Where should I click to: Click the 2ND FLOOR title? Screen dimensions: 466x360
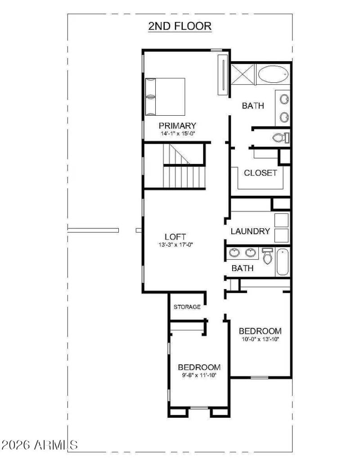(180, 26)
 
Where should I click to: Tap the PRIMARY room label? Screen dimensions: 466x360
(177, 126)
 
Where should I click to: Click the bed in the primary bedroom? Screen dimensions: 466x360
(165, 96)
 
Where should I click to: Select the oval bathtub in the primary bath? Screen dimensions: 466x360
(274, 74)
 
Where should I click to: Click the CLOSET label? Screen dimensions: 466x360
(261, 173)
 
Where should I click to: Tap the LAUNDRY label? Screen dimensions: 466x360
(250, 231)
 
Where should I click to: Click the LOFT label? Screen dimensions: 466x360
(175, 237)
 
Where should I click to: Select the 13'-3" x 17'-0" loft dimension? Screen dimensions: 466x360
(175, 245)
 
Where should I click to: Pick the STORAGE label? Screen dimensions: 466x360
(187, 307)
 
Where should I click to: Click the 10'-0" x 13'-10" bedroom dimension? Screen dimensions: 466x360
(260, 339)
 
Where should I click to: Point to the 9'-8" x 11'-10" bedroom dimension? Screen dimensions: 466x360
(199, 375)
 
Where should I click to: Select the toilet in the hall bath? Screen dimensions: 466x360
(267, 255)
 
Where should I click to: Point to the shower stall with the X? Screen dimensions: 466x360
(243, 74)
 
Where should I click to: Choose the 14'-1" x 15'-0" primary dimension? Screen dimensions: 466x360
(177, 134)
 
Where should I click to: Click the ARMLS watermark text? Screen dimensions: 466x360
(40, 445)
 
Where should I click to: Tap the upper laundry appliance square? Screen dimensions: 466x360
(282, 220)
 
